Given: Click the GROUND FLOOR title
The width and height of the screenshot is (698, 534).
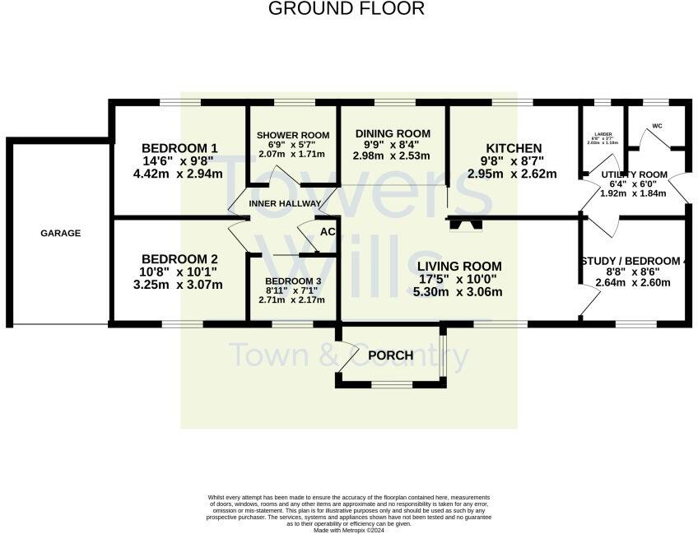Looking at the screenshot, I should (347, 9).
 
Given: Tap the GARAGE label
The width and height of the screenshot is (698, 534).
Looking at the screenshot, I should (61, 233).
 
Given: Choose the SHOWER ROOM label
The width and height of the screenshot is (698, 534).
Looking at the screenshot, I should (292, 135).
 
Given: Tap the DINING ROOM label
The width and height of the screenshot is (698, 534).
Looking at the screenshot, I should (393, 133).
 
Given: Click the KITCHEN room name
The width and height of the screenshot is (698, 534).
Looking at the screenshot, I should (511, 148).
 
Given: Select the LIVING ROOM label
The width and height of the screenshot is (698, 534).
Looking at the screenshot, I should (458, 266).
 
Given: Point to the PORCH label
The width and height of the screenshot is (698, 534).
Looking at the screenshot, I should (390, 355).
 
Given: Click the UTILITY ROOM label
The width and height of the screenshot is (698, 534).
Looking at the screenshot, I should (634, 174).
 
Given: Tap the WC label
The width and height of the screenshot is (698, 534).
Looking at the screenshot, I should (657, 127).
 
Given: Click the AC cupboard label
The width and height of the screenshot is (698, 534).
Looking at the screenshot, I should (327, 232).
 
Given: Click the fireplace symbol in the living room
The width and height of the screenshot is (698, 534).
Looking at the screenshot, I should (461, 223).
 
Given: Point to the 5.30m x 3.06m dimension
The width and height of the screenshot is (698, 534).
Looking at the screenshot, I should (458, 292).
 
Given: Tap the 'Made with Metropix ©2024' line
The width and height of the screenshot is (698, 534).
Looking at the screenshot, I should (349, 530).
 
